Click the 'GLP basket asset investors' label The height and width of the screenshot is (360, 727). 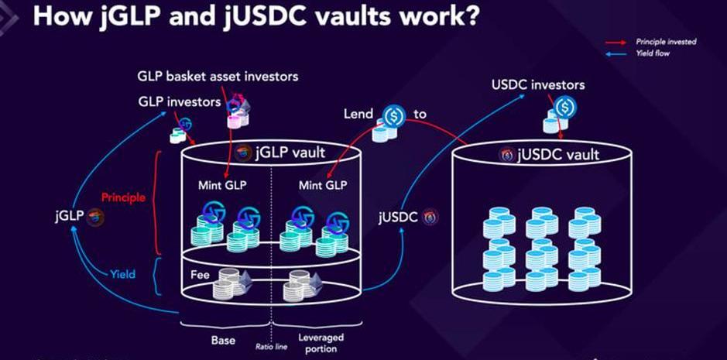tap(218, 77)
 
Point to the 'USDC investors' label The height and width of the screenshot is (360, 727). tap(538, 84)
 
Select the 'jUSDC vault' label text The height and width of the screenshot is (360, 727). tap(558, 155)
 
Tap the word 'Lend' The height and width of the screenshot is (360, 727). tap(358, 114)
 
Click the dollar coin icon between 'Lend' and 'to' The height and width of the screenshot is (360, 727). tap(395, 115)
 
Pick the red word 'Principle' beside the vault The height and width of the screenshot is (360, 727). tap(123, 197)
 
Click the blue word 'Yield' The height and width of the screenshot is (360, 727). tap(122, 273)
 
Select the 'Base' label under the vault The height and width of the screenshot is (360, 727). tap(223, 339)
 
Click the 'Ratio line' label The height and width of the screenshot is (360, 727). tap(271, 346)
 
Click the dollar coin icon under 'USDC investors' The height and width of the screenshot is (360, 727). tap(566, 106)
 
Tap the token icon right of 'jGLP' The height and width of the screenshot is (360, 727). tap(96, 216)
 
